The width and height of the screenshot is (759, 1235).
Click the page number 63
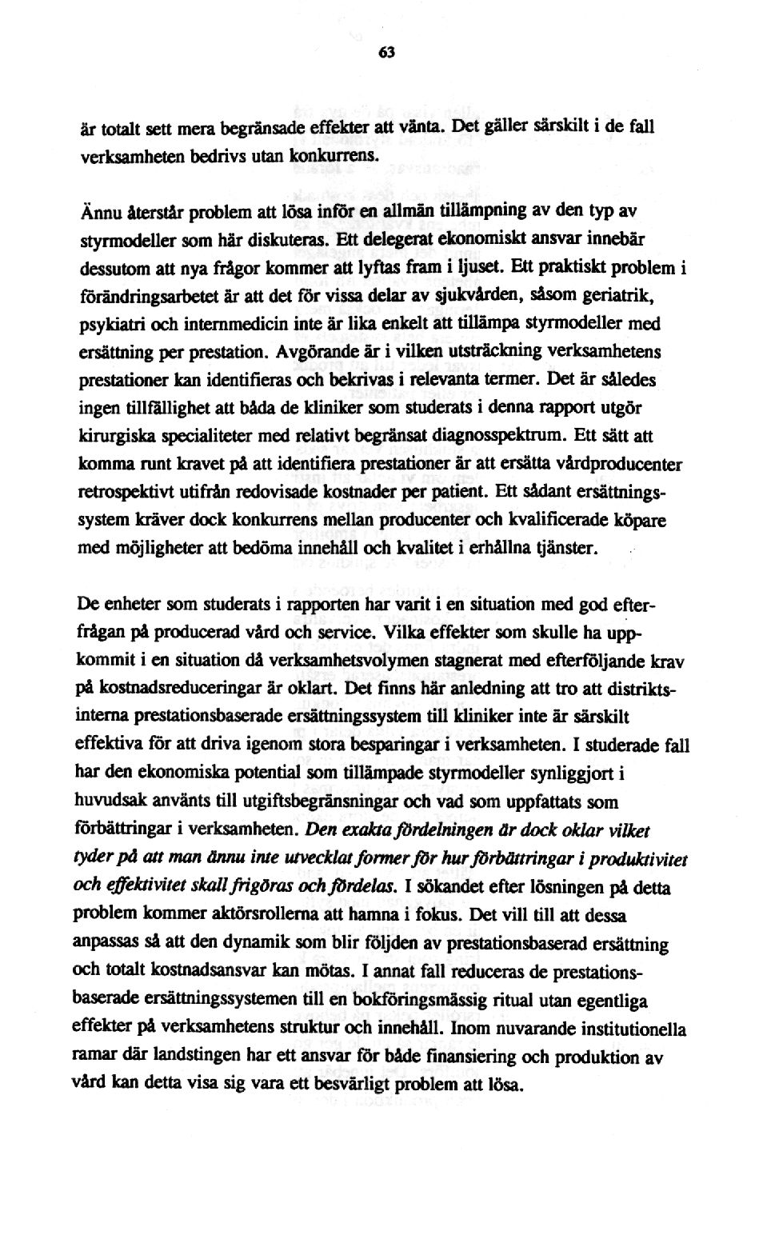(387, 54)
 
